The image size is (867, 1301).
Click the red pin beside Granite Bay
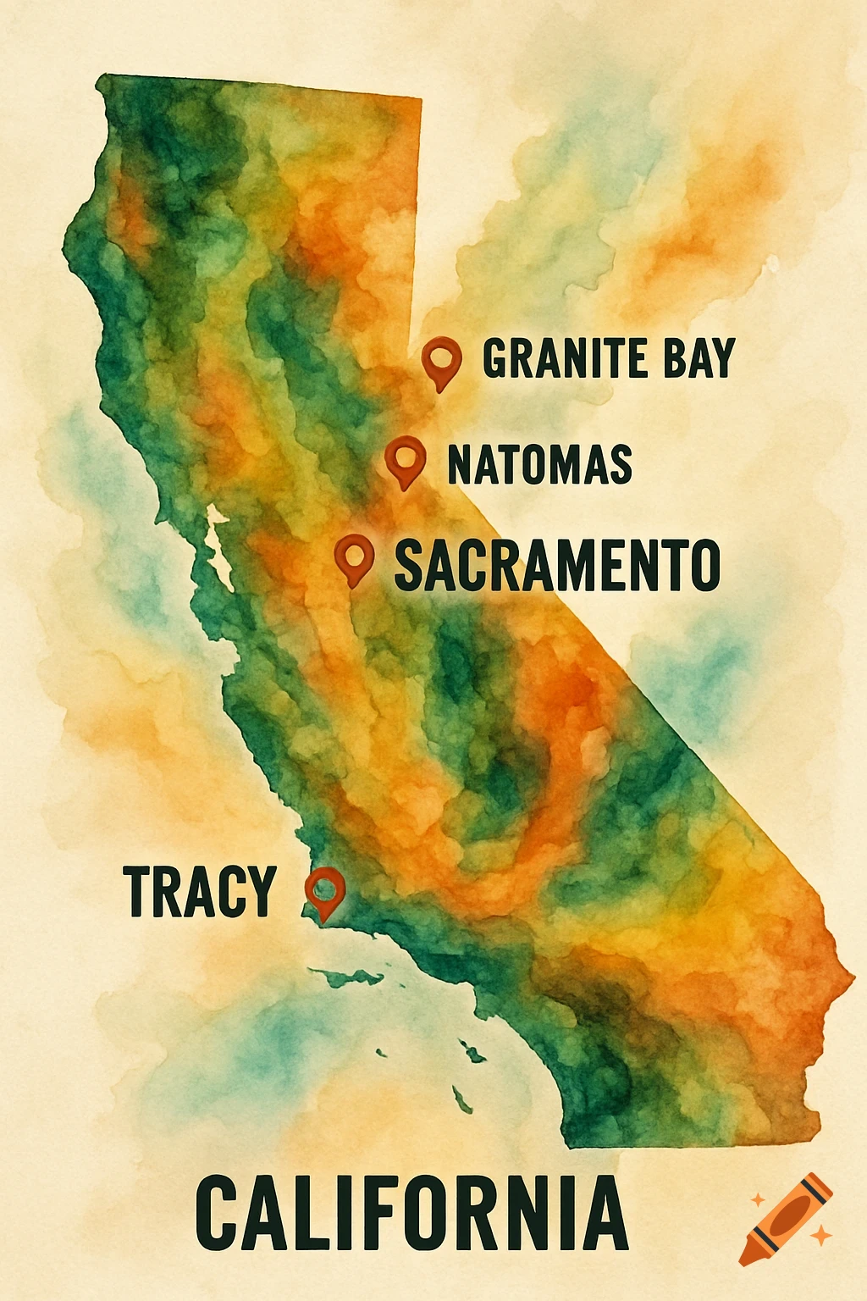coord(441,359)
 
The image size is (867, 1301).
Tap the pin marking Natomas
coord(405,458)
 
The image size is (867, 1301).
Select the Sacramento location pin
coord(354,556)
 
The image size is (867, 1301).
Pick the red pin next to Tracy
coord(324,889)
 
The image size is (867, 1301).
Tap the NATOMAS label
coord(539,464)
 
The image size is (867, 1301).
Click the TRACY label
coord(200,891)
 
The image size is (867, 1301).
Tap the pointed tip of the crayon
coord(747,1255)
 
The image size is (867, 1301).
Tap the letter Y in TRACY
coord(260,891)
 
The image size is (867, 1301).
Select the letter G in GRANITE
coord(496,358)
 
